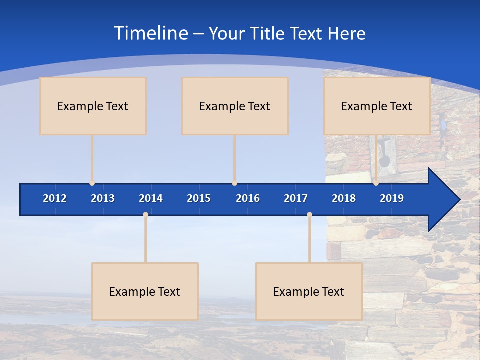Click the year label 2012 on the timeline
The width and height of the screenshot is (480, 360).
click(x=55, y=198)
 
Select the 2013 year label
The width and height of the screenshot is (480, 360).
click(x=103, y=198)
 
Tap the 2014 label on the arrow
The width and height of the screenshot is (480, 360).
click(x=151, y=198)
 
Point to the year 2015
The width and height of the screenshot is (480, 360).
click(x=199, y=198)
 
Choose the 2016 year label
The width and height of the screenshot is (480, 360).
click(x=248, y=198)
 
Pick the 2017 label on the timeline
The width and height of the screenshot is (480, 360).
click(x=296, y=198)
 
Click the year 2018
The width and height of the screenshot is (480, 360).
click(x=344, y=198)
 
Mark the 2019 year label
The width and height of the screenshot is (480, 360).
click(x=392, y=198)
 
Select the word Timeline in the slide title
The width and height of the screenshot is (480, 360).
click(x=150, y=33)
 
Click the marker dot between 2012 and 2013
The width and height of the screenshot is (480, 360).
click(x=92, y=183)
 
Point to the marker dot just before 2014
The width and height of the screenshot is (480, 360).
click(x=145, y=214)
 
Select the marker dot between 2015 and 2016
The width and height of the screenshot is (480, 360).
click(x=234, y=183)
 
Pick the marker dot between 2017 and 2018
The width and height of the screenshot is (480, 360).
click(x=309, y=214)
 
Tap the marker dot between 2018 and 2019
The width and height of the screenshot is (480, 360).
click(x=376, y=183)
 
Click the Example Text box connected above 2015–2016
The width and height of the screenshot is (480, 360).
click(x=235, y=106)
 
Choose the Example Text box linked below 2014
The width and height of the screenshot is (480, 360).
click(x=145, y=291)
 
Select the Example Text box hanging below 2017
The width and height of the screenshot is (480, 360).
click(x=309, y=291)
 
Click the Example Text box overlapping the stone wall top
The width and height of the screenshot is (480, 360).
click(x=377, y=106)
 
